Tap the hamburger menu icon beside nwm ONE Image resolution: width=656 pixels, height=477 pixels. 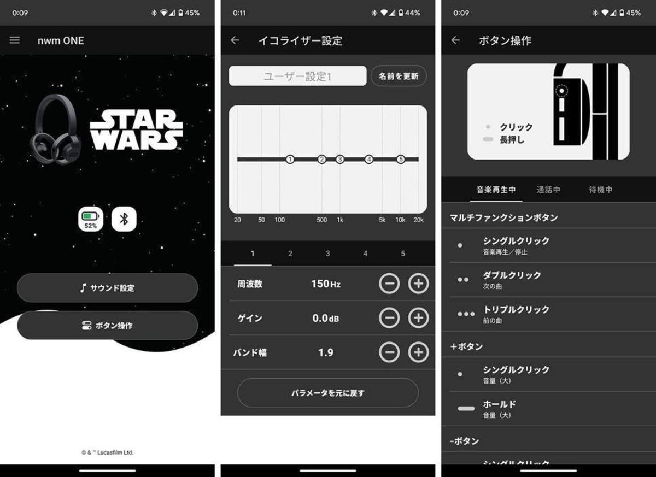coord(15,40)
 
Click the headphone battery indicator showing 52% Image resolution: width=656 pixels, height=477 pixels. coord(91,219)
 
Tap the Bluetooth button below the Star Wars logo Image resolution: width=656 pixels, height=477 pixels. coord(124,219)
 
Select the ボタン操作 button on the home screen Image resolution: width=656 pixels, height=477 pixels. coord(108,325)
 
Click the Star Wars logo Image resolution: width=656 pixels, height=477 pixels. coord(136,129)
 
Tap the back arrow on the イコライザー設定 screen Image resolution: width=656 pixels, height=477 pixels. coord(235,40)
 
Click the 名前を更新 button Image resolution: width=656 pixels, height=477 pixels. coord(399,76)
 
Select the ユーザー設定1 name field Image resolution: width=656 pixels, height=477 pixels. coord(297,76)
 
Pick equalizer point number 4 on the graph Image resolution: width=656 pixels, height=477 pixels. coord(368,159)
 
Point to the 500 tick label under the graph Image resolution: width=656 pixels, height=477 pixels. coord(321,220)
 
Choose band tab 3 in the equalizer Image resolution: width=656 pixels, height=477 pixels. coord(327,254)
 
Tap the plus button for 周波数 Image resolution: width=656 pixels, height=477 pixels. coord(418,283)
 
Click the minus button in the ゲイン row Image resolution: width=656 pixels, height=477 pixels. coord(389,318)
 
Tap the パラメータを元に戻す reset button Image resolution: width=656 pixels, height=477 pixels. coord(327,393)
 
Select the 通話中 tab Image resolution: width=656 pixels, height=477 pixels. coord(548,190)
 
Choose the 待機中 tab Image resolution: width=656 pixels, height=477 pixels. coord(601,190)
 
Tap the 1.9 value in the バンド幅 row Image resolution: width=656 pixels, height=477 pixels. coord(326,352)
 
